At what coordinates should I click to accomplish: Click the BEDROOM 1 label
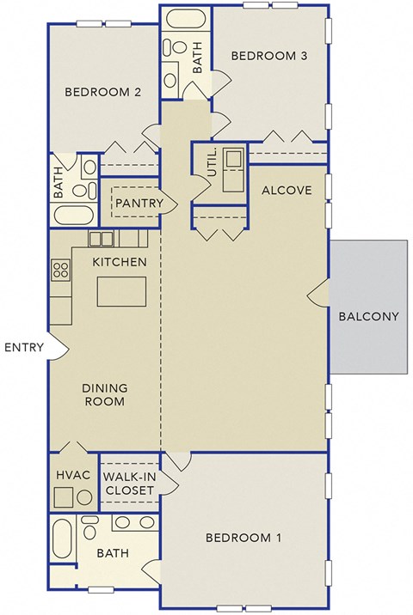(243, 539)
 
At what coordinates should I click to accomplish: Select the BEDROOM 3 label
(269, 56)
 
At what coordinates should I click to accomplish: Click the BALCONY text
(368, 315)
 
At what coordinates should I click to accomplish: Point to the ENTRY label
(23, 347)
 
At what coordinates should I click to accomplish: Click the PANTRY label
(139, 203)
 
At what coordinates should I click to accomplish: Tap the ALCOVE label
(286, 190)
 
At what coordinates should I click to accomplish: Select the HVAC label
(67, 473)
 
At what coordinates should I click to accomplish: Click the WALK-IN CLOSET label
(129, 483)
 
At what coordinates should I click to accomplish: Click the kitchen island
(121, 292)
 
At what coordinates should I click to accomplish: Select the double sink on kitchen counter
(101, 239)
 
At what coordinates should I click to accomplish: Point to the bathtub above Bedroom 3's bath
(184, 19)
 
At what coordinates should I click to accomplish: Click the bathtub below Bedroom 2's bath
(76, 215)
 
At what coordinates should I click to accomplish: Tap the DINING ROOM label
(104, 394)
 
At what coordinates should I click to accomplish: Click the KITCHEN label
(120, 261)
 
